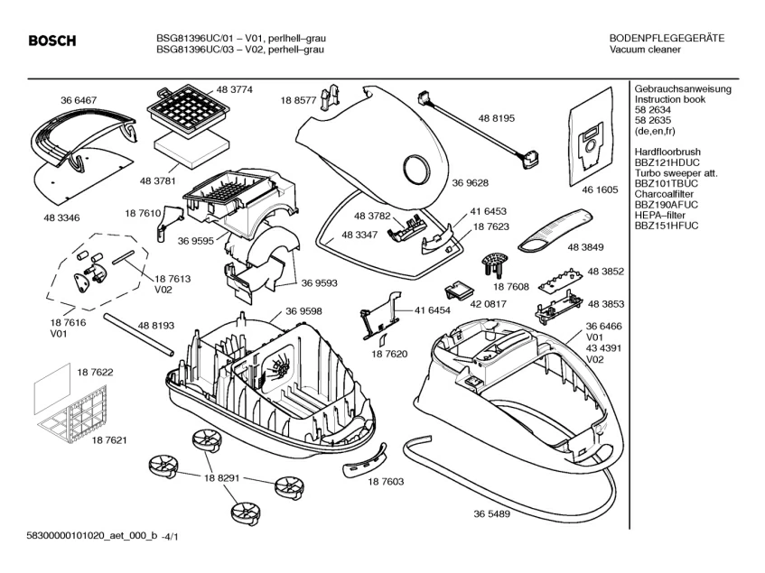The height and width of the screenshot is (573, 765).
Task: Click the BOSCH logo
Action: [x=51, y=42]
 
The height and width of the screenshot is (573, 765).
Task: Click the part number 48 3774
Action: [x=234, y=89]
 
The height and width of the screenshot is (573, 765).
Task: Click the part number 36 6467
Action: [x=79, y=99]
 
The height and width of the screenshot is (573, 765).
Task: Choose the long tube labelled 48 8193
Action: [x=137, y=335]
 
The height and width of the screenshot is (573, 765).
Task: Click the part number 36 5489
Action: [x=491, y=513]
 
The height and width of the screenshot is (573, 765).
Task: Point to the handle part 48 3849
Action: [x=552, y=231]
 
